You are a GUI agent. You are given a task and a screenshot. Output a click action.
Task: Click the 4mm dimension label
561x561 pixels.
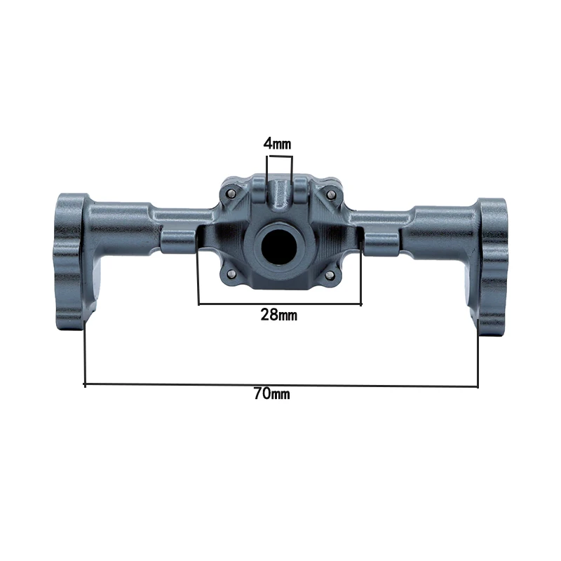277,144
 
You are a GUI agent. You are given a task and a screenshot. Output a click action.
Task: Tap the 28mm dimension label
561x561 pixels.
278,315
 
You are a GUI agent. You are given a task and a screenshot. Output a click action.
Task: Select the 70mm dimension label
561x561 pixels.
272,393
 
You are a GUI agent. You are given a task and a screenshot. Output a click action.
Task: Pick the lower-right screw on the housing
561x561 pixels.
330,275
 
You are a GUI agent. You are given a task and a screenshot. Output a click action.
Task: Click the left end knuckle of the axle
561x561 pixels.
71,261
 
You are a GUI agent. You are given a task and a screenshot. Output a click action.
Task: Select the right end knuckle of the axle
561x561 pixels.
491,266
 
